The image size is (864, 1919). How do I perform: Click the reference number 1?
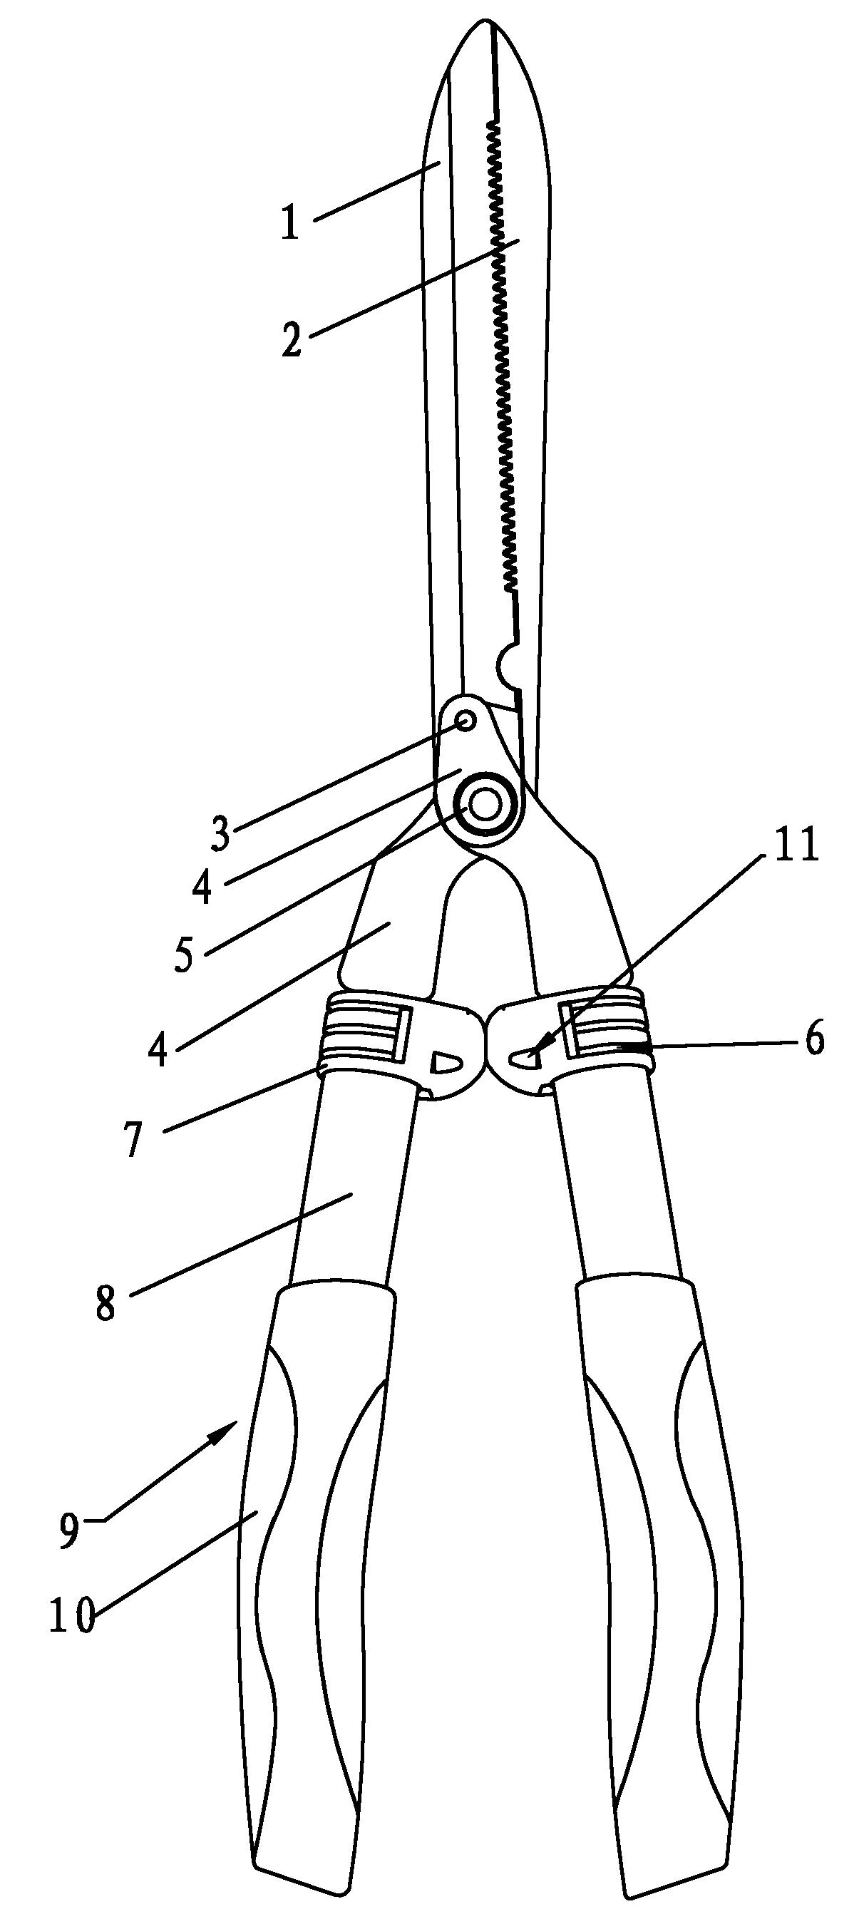[x=289, y=222]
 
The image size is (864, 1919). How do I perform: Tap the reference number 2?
[x=292, y=338]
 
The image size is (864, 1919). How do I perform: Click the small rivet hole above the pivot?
[x=466, y=721]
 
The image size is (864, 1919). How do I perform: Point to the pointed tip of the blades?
[x=491, y=22]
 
